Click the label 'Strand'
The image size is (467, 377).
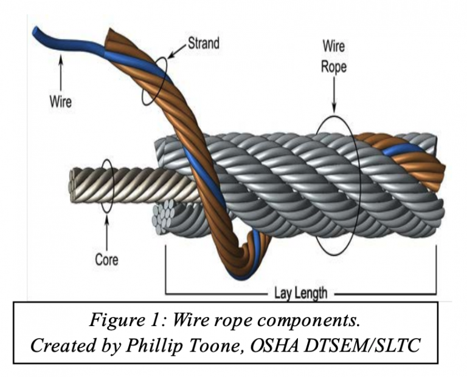[202, 44]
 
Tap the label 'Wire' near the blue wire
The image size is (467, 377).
[60, 101]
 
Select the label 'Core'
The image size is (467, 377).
[106, 260]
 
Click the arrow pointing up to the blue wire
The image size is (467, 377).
[60, 68]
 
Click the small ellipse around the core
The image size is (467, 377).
[107, 186]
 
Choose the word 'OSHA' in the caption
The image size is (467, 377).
[290, 345]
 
